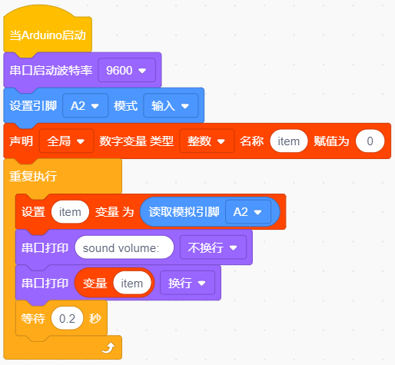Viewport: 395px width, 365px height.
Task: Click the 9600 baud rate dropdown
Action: coord(127,70)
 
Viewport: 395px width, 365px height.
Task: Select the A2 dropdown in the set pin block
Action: coord(85,105)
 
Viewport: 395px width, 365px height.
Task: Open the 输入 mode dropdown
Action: coord(171,105)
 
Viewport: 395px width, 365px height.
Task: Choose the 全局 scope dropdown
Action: coord(66,141)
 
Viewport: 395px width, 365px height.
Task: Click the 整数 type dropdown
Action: coord(207,141)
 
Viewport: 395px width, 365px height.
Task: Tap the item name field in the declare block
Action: coord(289,141)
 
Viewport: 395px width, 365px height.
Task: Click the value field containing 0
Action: coord(370,141)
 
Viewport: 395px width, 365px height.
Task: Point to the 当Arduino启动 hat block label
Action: coord(48,35)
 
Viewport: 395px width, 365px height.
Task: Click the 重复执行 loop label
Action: coord(33,176)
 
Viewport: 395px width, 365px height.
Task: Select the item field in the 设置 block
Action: coord(70,212)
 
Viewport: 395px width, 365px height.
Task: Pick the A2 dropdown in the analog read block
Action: coord(248,212)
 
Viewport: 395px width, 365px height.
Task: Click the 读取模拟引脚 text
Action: coord(184,212)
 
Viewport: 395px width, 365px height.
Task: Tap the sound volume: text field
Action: coord(124,247)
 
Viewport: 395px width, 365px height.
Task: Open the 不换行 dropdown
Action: coord(213,247)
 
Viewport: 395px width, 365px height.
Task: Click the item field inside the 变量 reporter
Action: coord(132,283)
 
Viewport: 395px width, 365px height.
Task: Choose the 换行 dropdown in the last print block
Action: coord(188,283)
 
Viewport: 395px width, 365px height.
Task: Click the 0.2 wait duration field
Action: coord(67,318)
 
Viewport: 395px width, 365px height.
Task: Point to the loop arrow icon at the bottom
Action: coord(108,348)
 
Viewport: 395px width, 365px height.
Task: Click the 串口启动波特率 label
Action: coord(51,71)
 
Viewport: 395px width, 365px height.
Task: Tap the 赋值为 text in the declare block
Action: coord(331,141)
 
